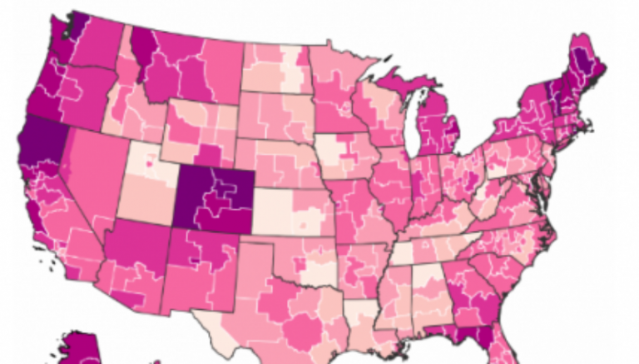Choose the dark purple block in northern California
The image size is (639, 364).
coord(35,142)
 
